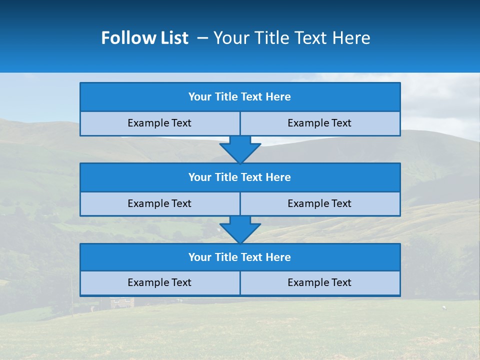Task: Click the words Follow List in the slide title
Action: click(144, 38)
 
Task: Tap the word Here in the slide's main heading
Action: click(351, 38)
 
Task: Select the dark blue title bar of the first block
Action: click(240, 97)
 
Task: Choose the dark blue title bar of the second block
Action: click(240, 177)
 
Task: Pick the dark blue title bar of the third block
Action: click(240, 257)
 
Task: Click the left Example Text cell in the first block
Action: click(160, 123)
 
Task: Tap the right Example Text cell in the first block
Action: click(320, 123)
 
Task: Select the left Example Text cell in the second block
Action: click(160, 204)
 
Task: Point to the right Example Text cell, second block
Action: click(320, 204)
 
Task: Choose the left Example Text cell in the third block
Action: click(160, 283)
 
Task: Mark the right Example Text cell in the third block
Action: click(320, 283)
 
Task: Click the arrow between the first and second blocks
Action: click(240, 148)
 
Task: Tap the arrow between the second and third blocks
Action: click(240, 229)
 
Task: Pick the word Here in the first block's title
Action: click(278, 97)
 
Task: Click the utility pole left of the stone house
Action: click(72, 297)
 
